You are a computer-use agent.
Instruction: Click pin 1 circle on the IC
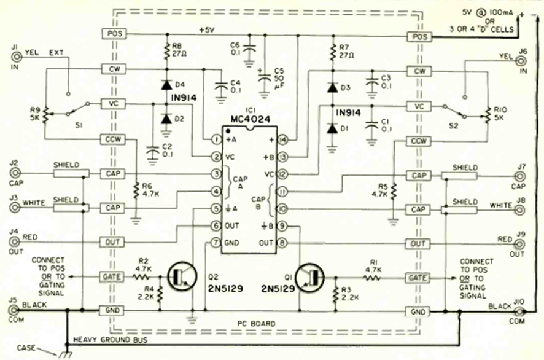[x=216, y=140]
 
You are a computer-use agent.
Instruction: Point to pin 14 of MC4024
[x=282, y=140]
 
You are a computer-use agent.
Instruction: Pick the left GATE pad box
[x=114, y=277]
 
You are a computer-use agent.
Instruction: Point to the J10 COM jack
[x=521, y=313]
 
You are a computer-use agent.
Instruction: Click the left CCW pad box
[x=114, y=140]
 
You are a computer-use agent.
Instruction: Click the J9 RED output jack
[x=520, y=244]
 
